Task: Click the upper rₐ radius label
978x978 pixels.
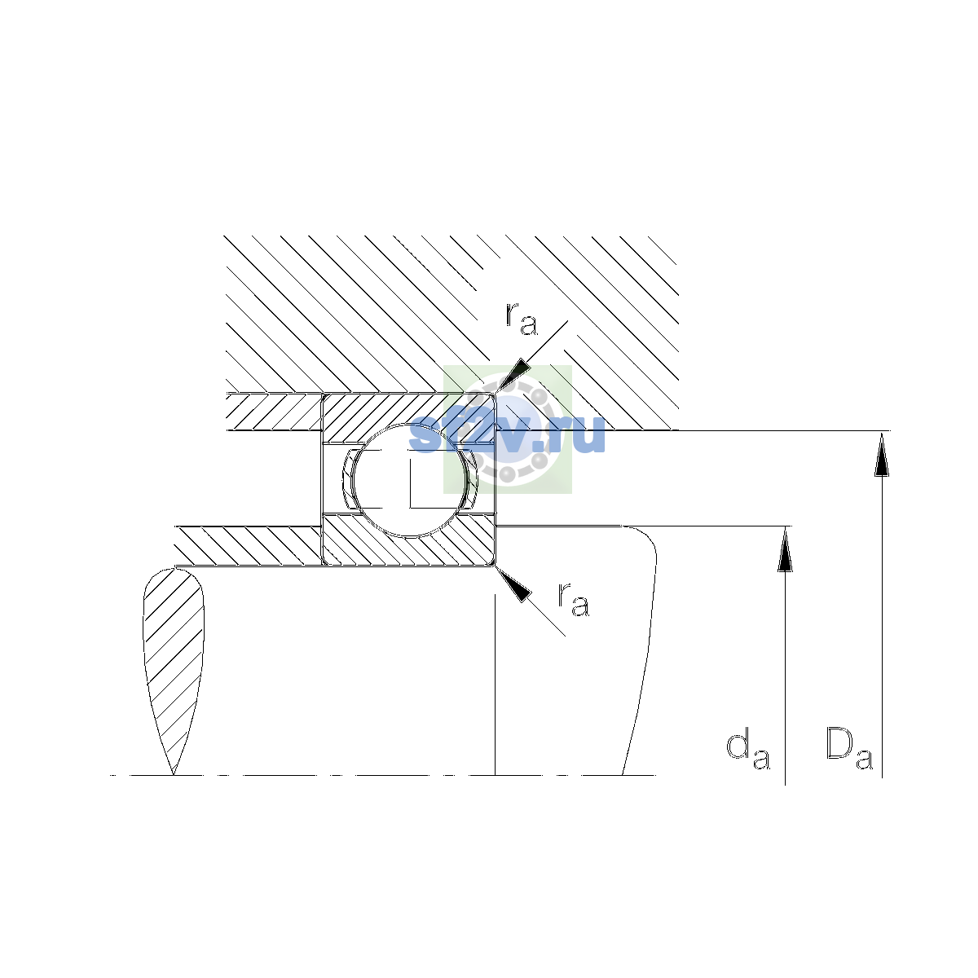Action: (522, 319)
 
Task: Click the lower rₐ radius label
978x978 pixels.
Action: (574, 600)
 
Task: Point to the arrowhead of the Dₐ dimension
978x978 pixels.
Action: (882, 454)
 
